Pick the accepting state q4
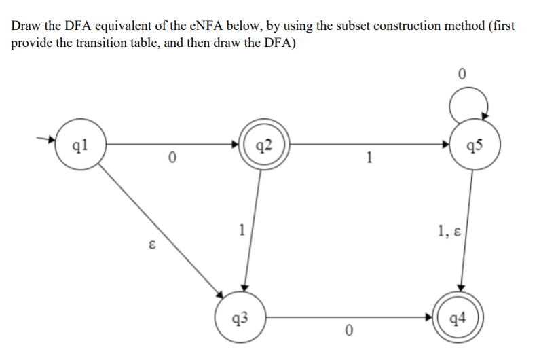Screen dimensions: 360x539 click(460, 317)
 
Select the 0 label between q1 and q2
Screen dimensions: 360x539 click(172, 159)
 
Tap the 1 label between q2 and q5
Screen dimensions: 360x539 click(369, 159)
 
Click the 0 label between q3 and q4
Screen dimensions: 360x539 click(348, 331)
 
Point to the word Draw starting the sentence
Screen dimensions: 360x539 click(24, 26)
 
